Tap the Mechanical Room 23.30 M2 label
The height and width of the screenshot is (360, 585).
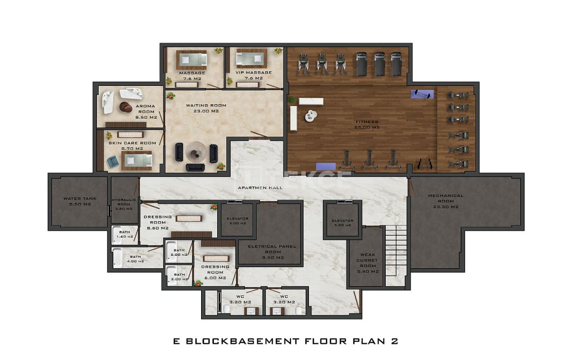445,201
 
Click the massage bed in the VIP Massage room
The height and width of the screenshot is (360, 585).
247,59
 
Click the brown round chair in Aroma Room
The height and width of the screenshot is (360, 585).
126,107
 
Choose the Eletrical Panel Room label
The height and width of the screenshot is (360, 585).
272,252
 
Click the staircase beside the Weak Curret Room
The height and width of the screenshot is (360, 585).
395,256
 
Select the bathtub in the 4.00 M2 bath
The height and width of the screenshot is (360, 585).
117,259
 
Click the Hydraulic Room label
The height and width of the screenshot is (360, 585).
123,204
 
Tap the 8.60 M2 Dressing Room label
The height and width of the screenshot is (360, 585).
157,222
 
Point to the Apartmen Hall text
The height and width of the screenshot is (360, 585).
260,188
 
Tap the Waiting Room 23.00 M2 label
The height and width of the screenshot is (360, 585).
206,108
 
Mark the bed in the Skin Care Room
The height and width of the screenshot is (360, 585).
136,160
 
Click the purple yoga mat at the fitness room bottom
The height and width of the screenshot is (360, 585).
325,166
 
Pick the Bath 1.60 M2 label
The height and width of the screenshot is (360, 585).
124,234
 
